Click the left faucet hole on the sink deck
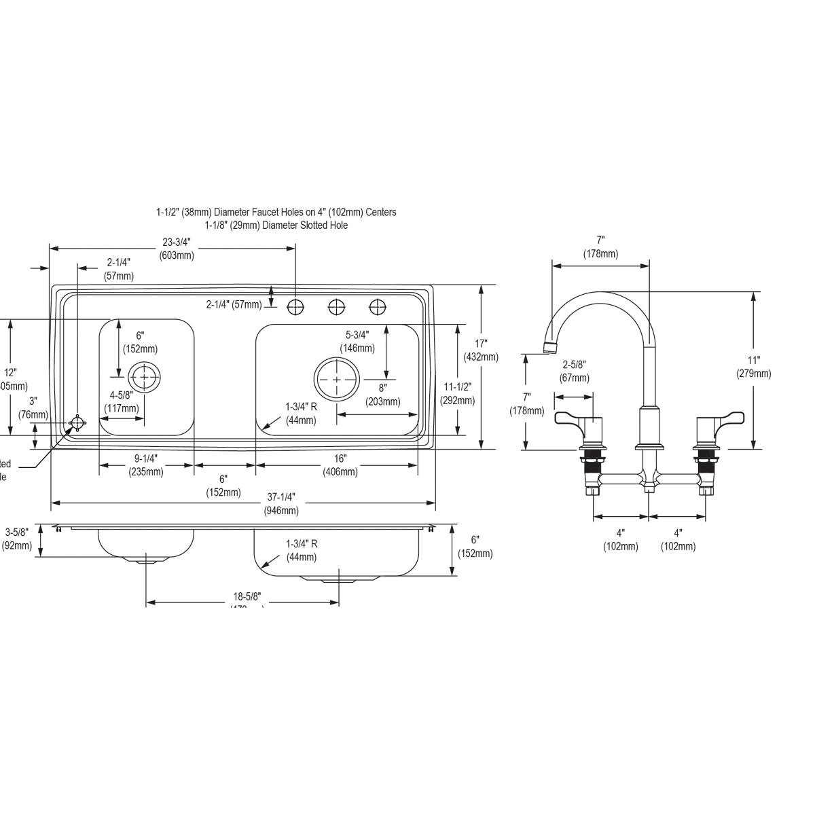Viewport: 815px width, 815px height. (x=295, y=308)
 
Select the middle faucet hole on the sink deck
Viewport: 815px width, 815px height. (x=336, y=308)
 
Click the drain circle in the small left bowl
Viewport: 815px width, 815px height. (x=144, y=377)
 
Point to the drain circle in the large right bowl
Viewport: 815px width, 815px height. (x=336, y=378)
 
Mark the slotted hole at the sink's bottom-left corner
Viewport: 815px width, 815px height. (x=77, y=424)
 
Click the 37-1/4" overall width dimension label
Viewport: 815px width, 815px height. (x=280, y=503)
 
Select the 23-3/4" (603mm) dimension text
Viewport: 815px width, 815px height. (x=177, y=249)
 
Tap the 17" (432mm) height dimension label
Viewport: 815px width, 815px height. (x=480, y=350)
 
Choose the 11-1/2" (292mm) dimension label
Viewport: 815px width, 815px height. (x=457, y=393)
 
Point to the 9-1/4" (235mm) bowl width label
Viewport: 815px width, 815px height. (x=146, y=465)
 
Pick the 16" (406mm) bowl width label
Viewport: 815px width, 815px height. (x=340, y=465)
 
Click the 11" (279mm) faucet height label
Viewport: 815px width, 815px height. (x=753, y=367)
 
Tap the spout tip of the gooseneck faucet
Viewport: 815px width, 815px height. (x=550, y=349)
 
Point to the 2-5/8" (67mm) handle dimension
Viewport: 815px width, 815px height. (x=575, y=371)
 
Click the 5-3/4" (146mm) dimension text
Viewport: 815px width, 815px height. (x=357, y=341)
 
